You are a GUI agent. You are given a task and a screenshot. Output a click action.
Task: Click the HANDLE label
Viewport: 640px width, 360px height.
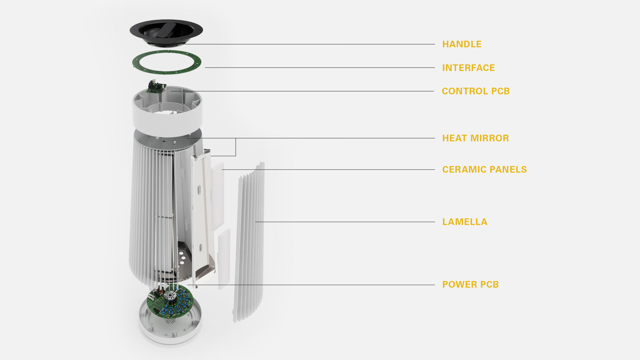462,44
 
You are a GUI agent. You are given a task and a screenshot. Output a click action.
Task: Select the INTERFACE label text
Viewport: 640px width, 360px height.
468,68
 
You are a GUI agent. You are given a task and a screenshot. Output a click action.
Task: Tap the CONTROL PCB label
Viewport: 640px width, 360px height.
476,91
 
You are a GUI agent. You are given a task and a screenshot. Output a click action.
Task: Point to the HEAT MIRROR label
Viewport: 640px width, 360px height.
475,138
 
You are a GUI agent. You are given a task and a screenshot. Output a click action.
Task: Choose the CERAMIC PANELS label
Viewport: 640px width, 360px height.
484,170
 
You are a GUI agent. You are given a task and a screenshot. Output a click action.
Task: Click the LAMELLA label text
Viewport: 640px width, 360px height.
465,222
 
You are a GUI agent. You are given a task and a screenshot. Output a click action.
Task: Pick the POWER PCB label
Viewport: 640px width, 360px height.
470,285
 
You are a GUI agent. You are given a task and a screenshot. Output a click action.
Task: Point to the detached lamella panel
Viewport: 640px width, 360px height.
250,243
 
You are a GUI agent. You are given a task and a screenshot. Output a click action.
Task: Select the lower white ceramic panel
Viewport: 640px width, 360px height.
224,258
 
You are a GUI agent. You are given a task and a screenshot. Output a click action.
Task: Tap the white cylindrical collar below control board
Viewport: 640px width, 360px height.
167,120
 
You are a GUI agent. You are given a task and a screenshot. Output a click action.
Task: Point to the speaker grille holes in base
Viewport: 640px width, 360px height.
170,321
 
